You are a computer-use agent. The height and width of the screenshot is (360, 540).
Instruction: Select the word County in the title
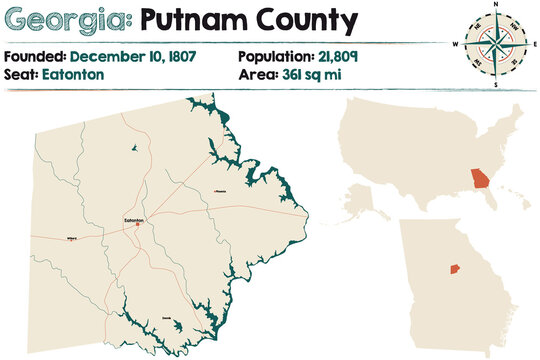300,20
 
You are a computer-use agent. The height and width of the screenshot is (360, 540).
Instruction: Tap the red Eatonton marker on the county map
137,224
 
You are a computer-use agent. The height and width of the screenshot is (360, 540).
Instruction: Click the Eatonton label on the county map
134,218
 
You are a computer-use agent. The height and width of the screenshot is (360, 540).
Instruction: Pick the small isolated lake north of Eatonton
133,149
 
